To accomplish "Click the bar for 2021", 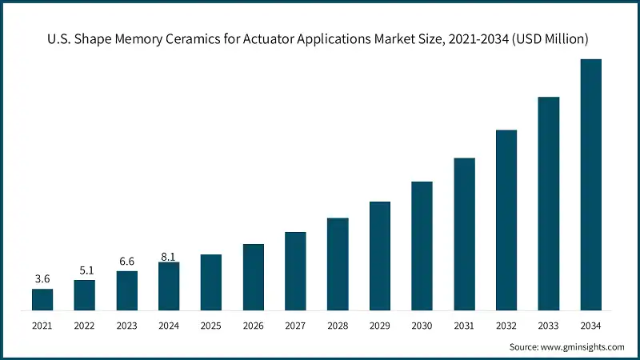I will click(x=42, y=299).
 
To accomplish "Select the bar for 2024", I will click(x=169, y=286).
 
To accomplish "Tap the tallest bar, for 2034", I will click(x=590, y=184).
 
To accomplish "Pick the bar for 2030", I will click(x=422, y=246).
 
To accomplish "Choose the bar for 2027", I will click(x=295, y=270).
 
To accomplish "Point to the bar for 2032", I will click(x=506, y=220).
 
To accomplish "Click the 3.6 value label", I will click(x=42, y=279).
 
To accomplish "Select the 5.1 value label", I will click(x=85, y=270).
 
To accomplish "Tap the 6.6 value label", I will click(x=126, y=262).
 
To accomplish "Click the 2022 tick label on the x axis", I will click(x=85, y=326).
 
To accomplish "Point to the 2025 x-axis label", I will click(x=211, y=326).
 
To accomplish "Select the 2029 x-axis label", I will click(x=380, y=326).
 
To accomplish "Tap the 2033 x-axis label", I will click(x=548, y=326).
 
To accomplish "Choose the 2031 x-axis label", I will click(x=464, y=326).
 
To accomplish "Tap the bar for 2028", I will click(x=338, y=263).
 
